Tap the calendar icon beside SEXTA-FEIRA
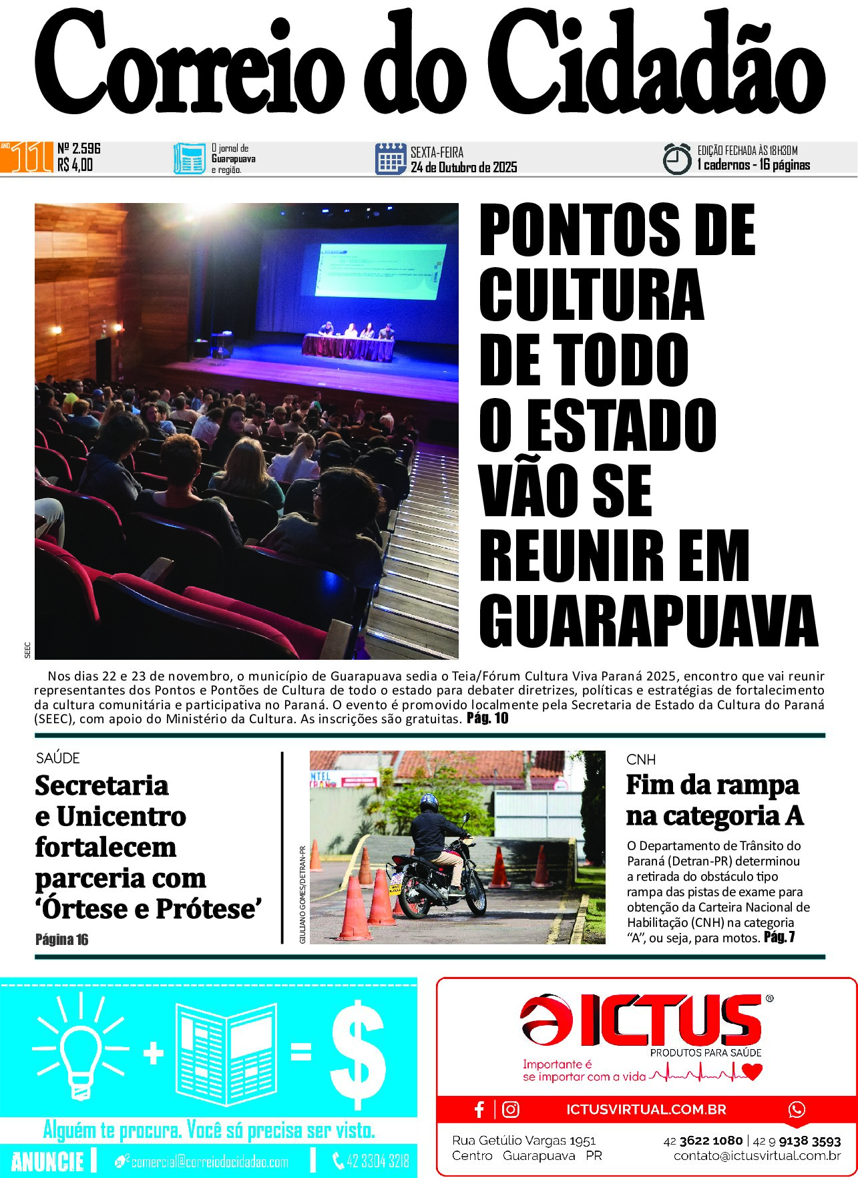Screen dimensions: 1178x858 point(391,159)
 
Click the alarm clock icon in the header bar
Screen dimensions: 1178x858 point(676,159)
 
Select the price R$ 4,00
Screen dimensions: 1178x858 point(75,165)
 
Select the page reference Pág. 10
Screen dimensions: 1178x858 point(487,719)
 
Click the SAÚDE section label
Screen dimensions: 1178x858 point(58,758)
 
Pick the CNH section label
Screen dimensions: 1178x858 point(641,759)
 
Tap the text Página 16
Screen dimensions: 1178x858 point(61,940)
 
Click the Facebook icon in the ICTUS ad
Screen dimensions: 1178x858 point(479,1110)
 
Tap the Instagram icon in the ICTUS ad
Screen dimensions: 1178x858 point(511,1110)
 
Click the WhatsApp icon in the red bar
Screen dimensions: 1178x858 point(797,1110)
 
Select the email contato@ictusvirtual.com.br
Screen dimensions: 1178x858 point(757,1156)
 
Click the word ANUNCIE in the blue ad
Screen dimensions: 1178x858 point(47,1161)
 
